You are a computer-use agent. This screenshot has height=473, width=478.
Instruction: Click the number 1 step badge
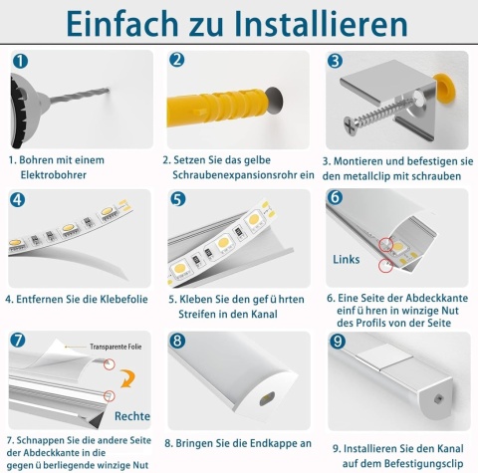coord(19,61)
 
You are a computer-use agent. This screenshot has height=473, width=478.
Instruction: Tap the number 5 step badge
coord(178,199)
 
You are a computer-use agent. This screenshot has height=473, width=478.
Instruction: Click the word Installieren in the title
coord(300,23)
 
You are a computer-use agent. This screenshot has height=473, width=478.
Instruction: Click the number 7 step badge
coord(19,340)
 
